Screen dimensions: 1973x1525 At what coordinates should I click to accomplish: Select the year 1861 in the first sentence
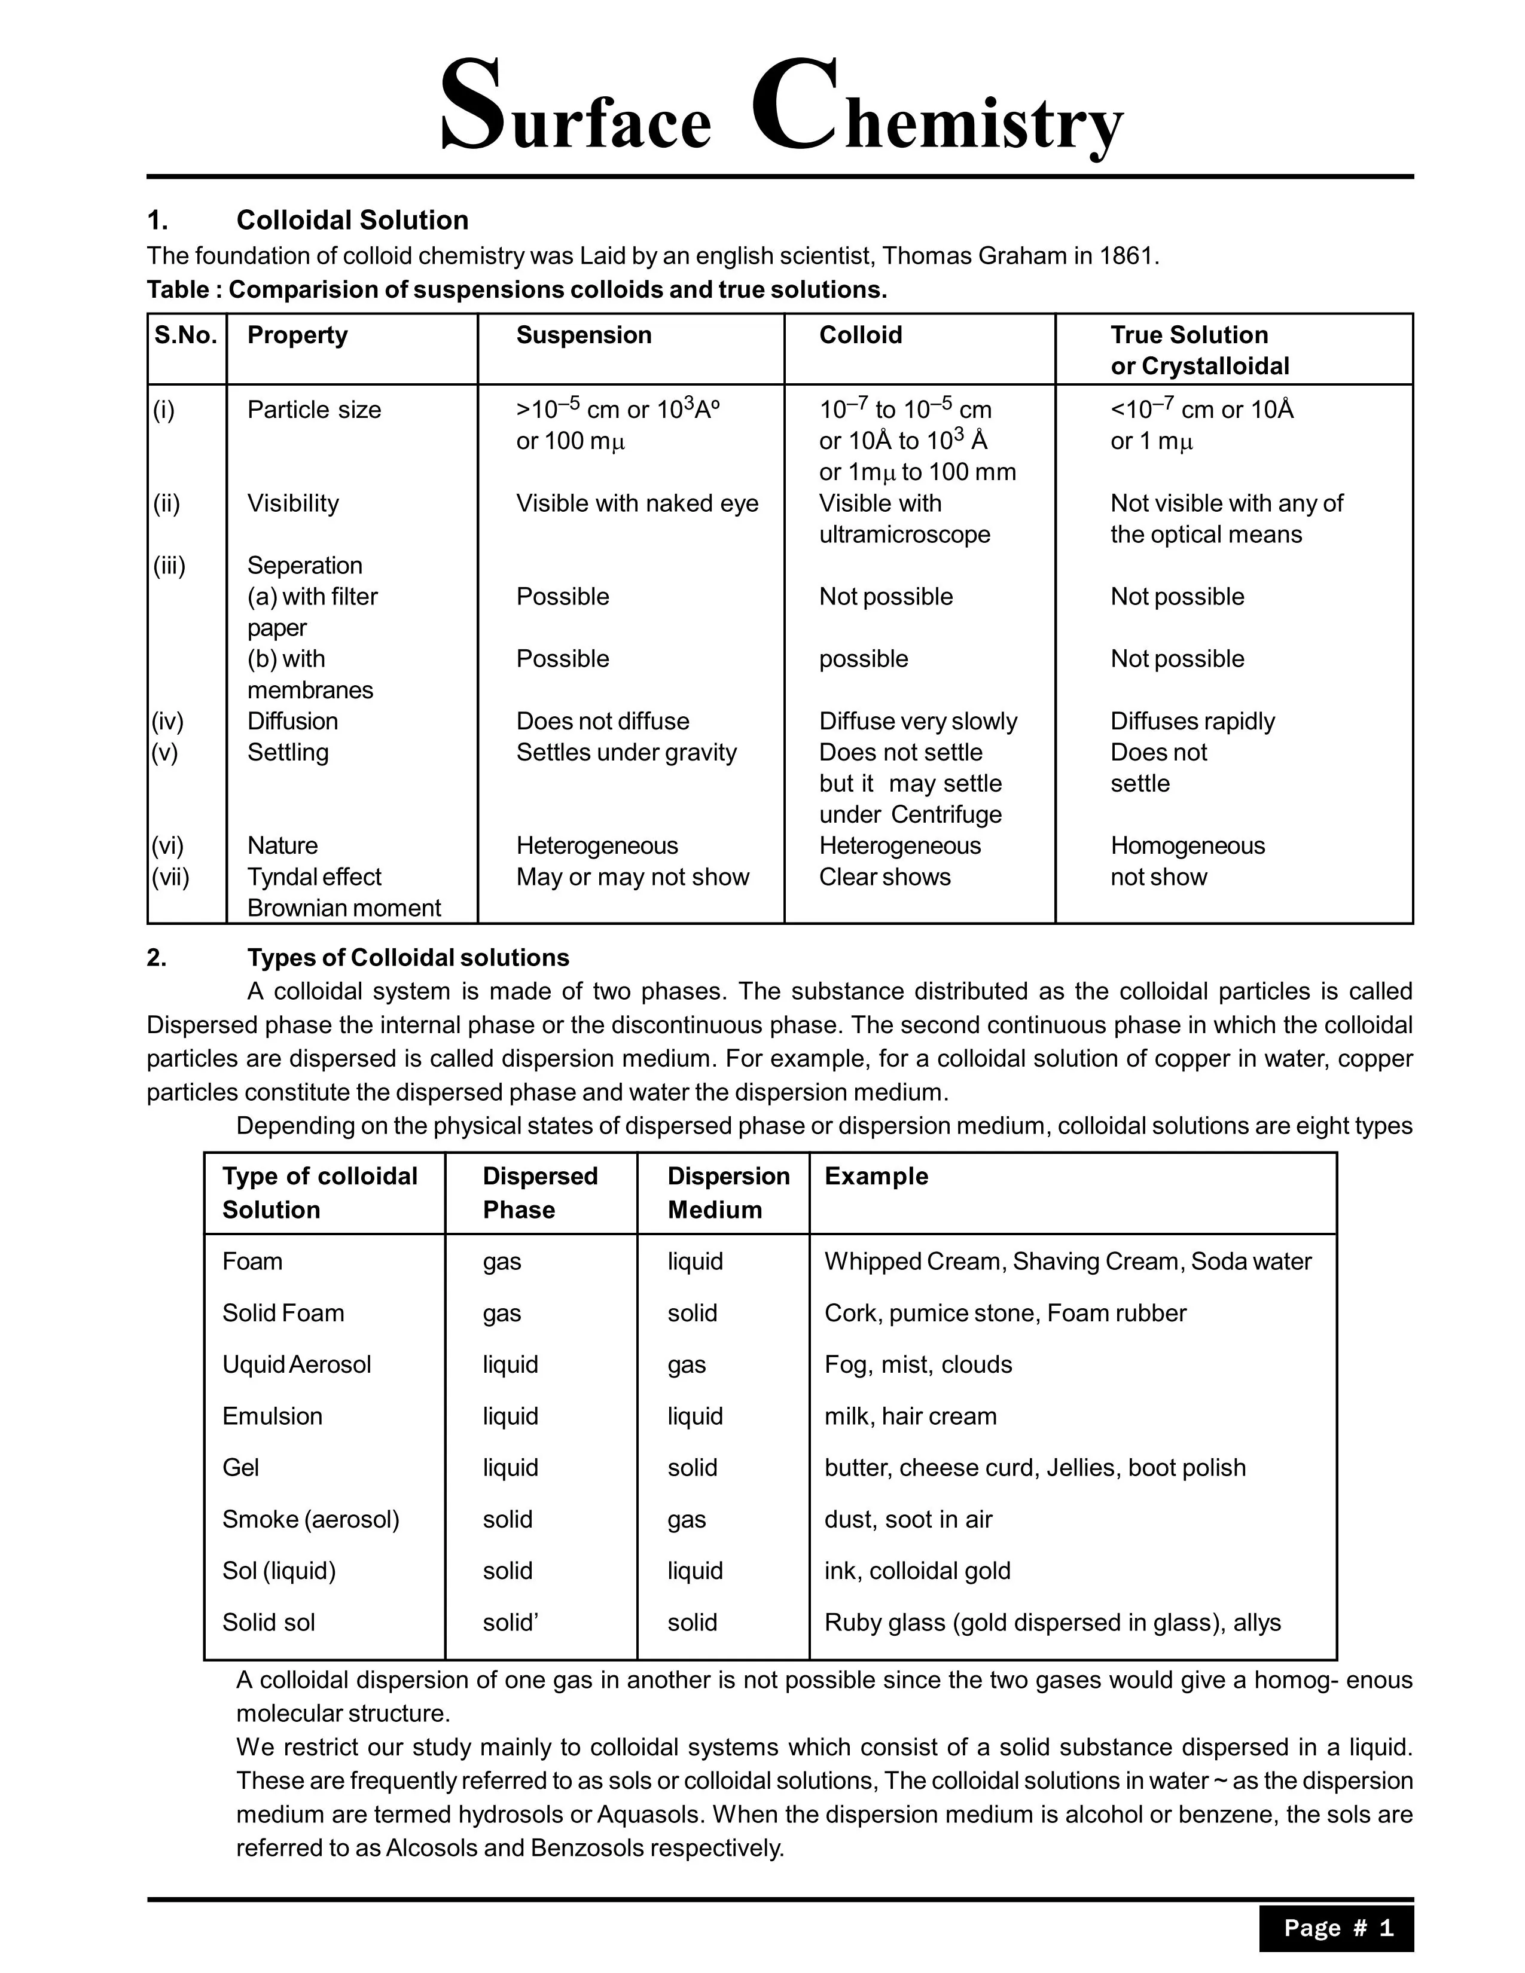(x=1126, y=256)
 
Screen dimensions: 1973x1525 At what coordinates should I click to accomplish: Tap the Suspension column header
(x=584, y=335)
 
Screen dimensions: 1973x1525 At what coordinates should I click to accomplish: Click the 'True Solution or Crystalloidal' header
(x=1200, y=350)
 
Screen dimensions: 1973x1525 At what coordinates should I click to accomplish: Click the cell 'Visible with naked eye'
(x=637, y=503)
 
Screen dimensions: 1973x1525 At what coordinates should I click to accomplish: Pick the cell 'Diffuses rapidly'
(x=1192, y=721)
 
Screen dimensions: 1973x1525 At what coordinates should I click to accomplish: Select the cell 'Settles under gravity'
(x=626, y=753)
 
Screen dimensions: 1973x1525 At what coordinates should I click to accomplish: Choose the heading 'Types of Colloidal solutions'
(x=408, y=958)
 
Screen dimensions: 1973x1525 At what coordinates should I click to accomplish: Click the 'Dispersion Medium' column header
(x=728, y=1193)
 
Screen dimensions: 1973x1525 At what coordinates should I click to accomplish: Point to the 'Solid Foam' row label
(x=283, y=1312)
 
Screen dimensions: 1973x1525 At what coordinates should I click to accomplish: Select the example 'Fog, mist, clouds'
(x=918, y=1364)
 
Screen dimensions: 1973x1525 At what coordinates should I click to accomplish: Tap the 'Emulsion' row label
(x=272, y=1416)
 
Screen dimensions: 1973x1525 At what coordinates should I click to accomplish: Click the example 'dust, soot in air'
(x=908, y=1519)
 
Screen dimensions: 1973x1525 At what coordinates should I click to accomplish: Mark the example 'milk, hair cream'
(x=911, y=1416)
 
